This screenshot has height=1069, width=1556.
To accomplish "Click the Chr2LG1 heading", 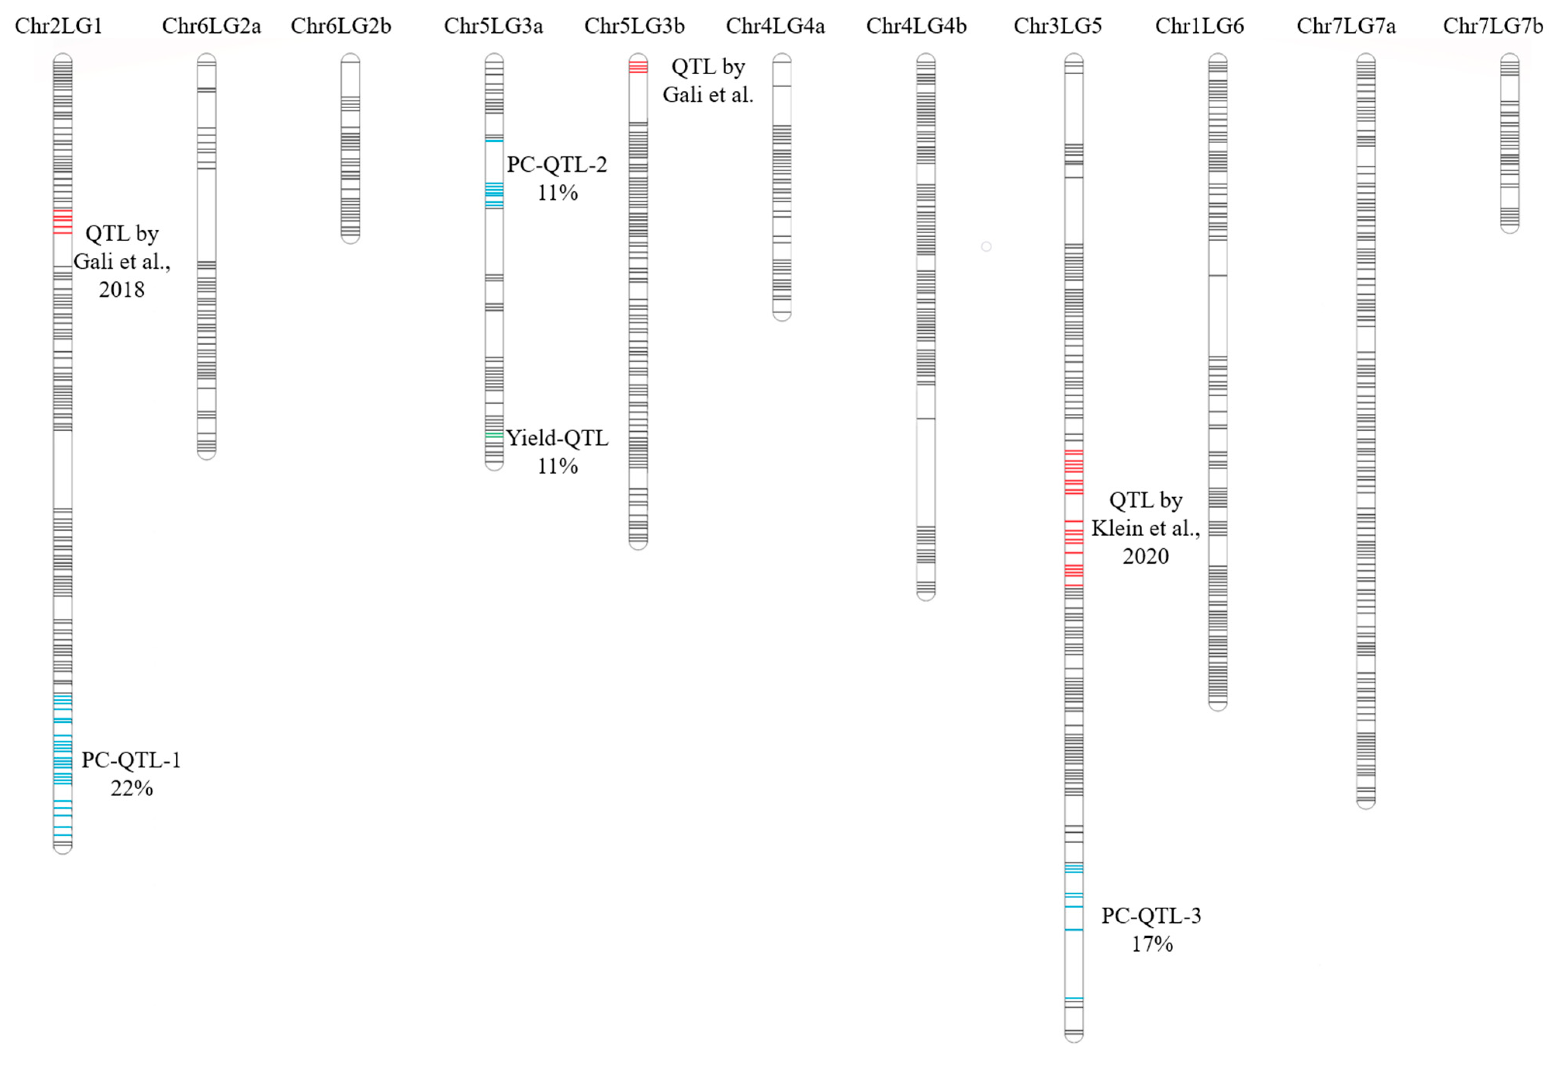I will [x=59, y=26].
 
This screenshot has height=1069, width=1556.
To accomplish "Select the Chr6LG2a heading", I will [x=211, y=26].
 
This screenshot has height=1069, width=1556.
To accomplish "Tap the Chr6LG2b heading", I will [x=341, y=26].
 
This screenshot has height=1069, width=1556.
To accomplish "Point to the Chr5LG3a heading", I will [x=493, y=26].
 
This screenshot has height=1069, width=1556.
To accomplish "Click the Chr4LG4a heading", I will [x=775, y=26].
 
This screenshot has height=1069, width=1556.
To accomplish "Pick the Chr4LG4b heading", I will [x=917, y=26].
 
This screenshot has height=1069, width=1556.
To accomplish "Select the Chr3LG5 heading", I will [x=1058, y=26].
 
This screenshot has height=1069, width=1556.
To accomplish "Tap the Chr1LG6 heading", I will [x=1199, y=26].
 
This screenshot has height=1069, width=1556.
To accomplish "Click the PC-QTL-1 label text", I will [x=131, y=760].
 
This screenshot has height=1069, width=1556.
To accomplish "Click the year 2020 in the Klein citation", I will [x=1146, y=556].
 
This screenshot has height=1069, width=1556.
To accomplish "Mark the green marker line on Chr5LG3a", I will [x=494, y=435].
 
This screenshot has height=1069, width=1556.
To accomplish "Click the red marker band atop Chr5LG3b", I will [x=638, y=66].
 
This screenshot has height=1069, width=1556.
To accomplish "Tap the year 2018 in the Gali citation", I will [x=122, y=289].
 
